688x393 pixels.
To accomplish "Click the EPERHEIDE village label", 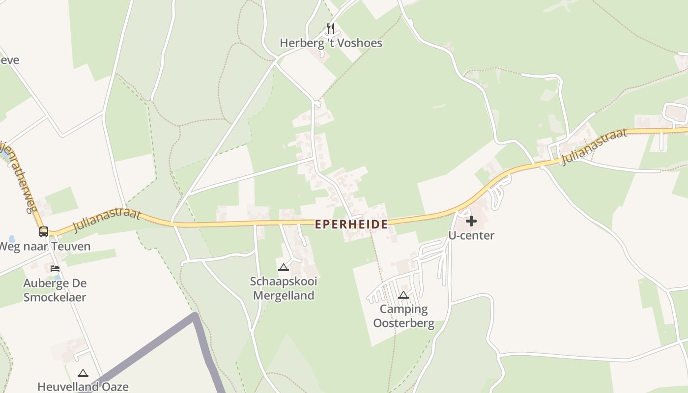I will coord(351,225).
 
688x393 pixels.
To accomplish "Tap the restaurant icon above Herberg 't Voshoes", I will coord(331,28).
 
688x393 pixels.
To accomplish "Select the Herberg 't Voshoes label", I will coord(331,43).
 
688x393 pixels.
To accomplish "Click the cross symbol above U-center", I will coord(471,221).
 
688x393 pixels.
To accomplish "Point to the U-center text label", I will coord(471,235).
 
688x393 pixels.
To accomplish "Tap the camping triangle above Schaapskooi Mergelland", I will coord(283,268).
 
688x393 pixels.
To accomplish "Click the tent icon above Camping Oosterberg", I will coord(403,295).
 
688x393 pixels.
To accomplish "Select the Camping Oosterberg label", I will coord(403,316).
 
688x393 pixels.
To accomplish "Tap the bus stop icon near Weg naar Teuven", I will coord(44,231).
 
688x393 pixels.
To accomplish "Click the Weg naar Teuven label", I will coord(45,246).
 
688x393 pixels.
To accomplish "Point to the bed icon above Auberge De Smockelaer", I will coord(55,269).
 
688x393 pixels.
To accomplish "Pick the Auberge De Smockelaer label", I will coord(55,290).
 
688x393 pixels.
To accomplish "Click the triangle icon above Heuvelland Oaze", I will coord(83,373).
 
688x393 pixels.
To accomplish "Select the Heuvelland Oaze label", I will coord(83,387).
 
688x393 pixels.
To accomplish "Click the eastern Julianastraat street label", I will coord(595,146).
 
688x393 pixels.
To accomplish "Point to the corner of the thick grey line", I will coord(196,315).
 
